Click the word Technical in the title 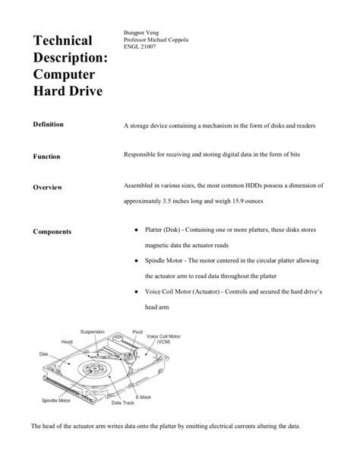coord(67,40)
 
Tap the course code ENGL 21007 coord(143,48)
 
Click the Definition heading coord(48,123)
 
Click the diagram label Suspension coord(93,331)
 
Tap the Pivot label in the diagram coord(137,331)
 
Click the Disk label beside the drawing coord(44,353)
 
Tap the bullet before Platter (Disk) coord(134,230)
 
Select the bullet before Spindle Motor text coord(134,261)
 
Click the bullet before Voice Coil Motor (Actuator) coord(134,292)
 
